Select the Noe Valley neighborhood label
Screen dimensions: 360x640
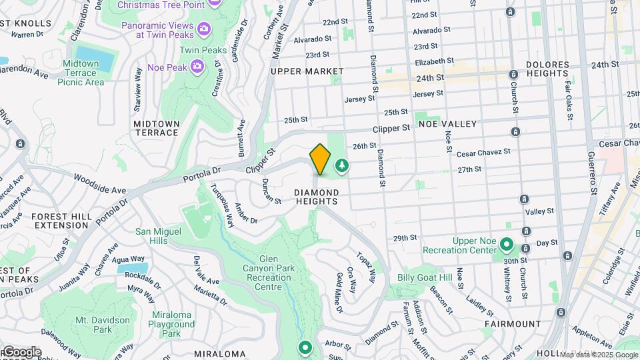pos(447,124)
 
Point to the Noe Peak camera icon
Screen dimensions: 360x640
pos(197,65)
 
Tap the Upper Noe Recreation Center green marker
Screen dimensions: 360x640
pos(506,245)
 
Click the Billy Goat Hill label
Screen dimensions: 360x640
pos(425,277)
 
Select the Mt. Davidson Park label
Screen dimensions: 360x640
pos(103,325)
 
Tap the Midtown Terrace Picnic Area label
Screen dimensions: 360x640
pos(81,73)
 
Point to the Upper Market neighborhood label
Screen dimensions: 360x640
pos(307,71)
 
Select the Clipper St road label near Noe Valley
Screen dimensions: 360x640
pos(391,127)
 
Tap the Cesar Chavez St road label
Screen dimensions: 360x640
pos(483,153)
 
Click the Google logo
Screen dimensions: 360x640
pos(21,351)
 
